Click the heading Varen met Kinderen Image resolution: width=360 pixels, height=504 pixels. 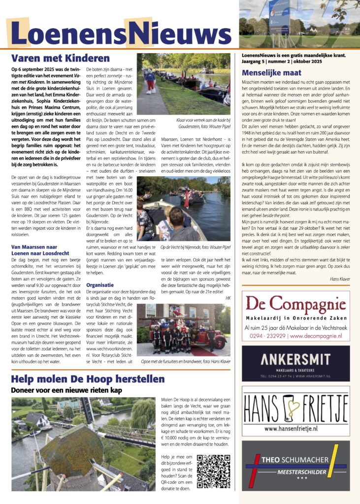tap(60, 58)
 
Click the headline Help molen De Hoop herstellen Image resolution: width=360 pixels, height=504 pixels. tap(88, 379)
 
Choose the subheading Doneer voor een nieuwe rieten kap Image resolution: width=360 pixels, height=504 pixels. tap(67, 390)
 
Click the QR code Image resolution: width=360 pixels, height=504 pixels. tap(214, 471)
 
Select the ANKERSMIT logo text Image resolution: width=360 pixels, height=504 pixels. tap(295, 358)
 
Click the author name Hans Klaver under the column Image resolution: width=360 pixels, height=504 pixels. tap(339, 279)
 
